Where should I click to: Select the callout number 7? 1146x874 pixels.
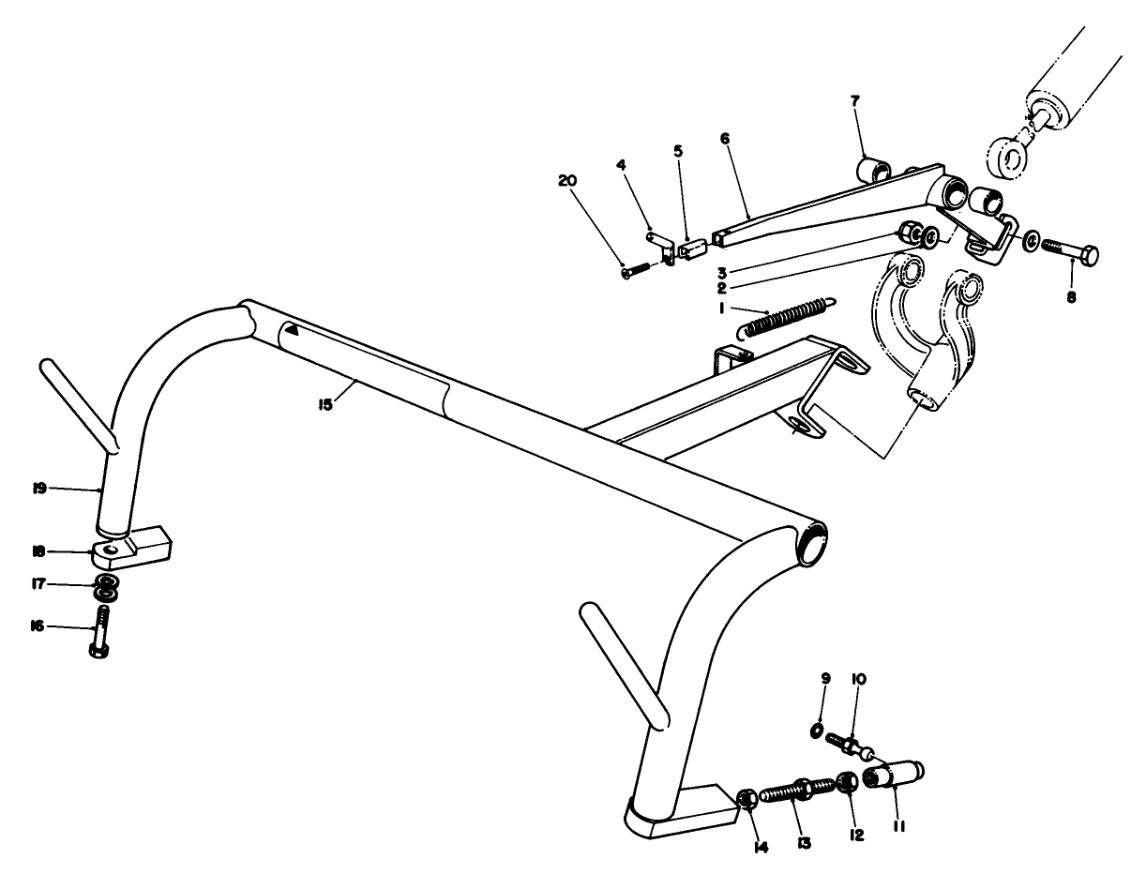pyautogui.click(x=855, y=99)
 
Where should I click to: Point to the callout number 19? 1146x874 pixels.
pyautogui.click(x=40, y=489)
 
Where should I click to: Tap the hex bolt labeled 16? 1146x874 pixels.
pyautogui.click(x=101, y=631)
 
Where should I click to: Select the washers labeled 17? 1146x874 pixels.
pyautogui.click(x=106, y=592)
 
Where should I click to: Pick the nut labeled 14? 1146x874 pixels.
pyautogui.click(x=747, y=799)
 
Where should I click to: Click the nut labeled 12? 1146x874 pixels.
pyautogui.click(x=846, y=782)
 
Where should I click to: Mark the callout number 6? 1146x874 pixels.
pyautogui.click(x=724, y=138)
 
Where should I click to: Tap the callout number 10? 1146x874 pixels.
pyautogui.click(x=858, y=678)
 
